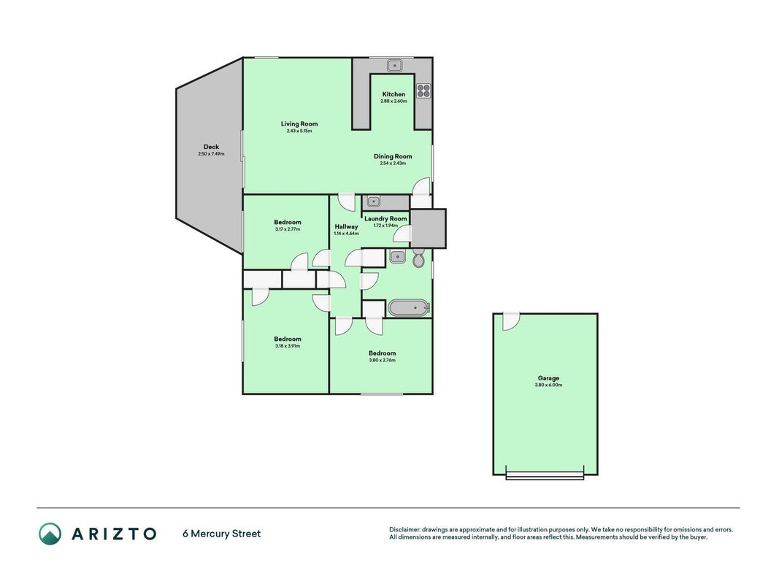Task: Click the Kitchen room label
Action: (394, 94)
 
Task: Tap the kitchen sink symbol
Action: (394, 65)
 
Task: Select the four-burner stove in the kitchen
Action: (423, 91)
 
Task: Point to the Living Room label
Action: (299, 123)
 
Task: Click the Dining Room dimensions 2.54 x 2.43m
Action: (393, 163)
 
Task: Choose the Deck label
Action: (211, 147)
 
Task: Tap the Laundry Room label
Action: (385, 218)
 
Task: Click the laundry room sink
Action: (373, 201)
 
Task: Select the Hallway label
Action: (346, 226)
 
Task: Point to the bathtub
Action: (409, 308)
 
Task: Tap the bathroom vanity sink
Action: (397, 257)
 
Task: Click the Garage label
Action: (548, 378)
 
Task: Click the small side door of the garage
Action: (510, 321)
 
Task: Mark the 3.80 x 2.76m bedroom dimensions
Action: (382, 360)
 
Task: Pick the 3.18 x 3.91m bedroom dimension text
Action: (288, 345)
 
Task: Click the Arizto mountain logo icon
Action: (50, 534)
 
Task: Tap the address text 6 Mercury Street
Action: (221, 534)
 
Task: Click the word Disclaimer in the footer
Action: (405, 530)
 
